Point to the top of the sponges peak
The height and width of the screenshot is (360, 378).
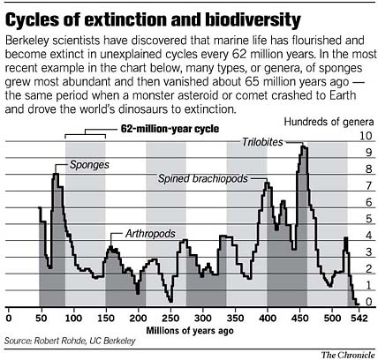56,174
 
